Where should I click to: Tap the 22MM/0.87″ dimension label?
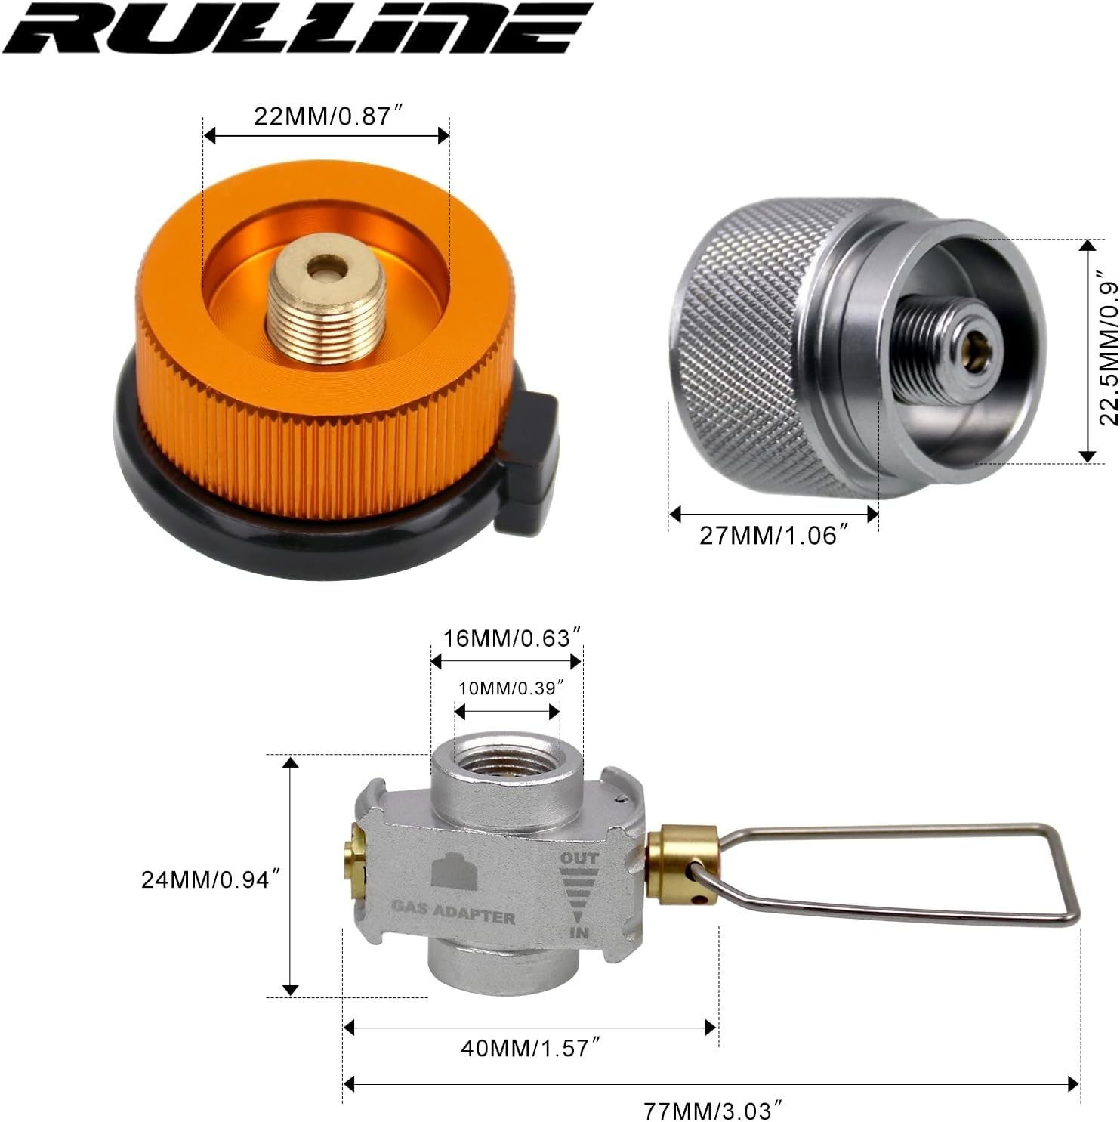pos(325,116)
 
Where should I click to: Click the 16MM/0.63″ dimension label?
pos(511,638)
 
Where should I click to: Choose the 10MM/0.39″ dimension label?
pos(511,688)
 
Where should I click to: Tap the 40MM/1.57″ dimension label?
pos(530,1048)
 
